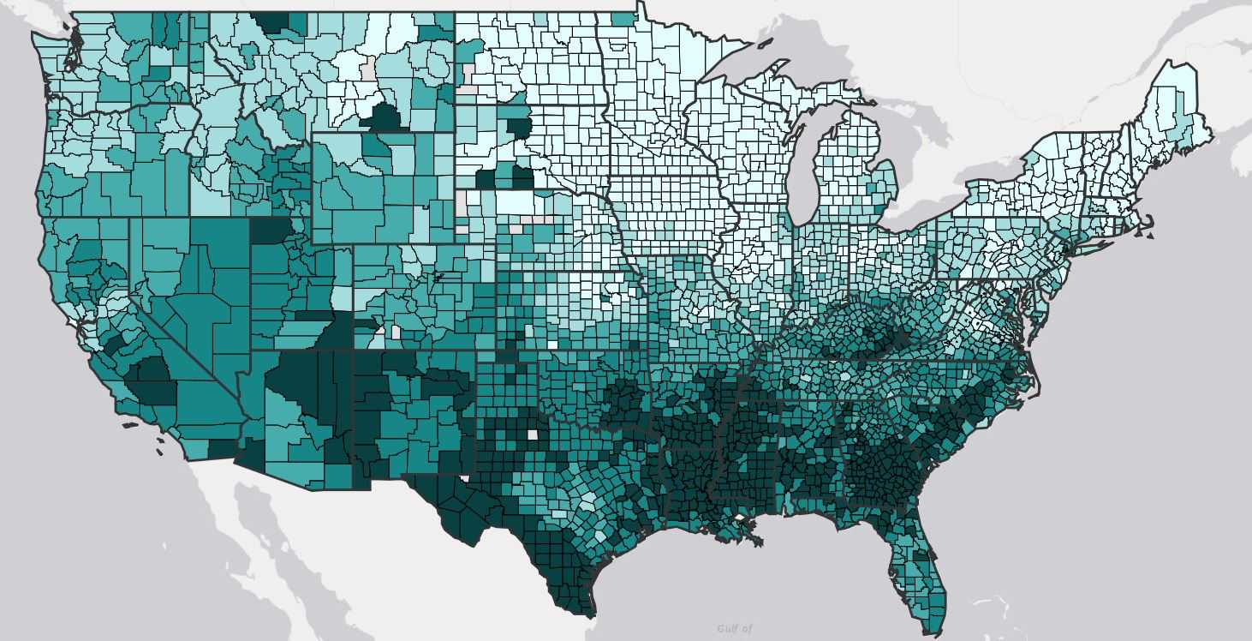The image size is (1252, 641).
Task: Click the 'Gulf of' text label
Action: [734, 629]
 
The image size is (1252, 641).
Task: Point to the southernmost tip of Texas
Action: [591, 614]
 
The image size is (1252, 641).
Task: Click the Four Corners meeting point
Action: [354, 350]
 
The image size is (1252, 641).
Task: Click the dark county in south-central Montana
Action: [382, 117]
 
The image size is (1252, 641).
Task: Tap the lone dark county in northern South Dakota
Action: [518, 129]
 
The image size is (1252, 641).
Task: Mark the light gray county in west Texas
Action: [533, 434]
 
